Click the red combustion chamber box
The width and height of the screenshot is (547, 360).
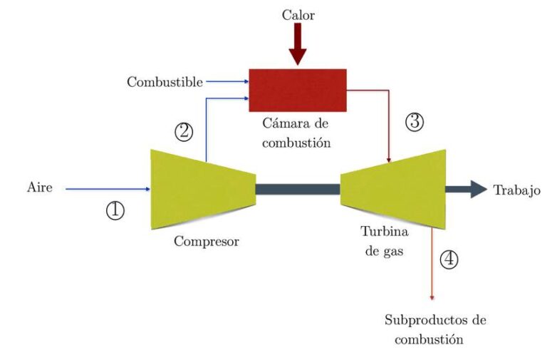[x=298, y=90]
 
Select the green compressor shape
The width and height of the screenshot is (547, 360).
[x=203, y=189]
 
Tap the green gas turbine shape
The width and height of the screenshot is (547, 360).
[x=393, y=189]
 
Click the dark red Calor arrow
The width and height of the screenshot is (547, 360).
[x=298, y=44]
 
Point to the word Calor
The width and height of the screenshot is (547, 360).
[x=298, y=15]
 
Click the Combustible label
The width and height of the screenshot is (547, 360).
[x=165, y=82]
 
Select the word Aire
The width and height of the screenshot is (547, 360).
[x=40, y=187]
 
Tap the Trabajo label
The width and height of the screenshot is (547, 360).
[x=516, y=190]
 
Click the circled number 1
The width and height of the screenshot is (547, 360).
[x=115, y=210]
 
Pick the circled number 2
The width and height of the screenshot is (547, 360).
[x=184, y=132]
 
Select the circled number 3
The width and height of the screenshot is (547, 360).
[x=415, y=122]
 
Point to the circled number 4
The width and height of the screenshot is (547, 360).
[x=449, y=259]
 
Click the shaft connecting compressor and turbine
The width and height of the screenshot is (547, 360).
[x=298, y=189]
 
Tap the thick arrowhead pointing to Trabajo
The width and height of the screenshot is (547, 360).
[x=479, y=189]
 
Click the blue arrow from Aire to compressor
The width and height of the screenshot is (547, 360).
[x=108, y=189]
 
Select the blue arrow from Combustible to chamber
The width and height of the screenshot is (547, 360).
[x=227, y=82]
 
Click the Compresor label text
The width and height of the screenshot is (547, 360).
[x=207, y=241]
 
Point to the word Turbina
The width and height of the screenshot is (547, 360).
[x=385, y=232]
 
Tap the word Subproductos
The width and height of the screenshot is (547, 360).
[x=423, y=320]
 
